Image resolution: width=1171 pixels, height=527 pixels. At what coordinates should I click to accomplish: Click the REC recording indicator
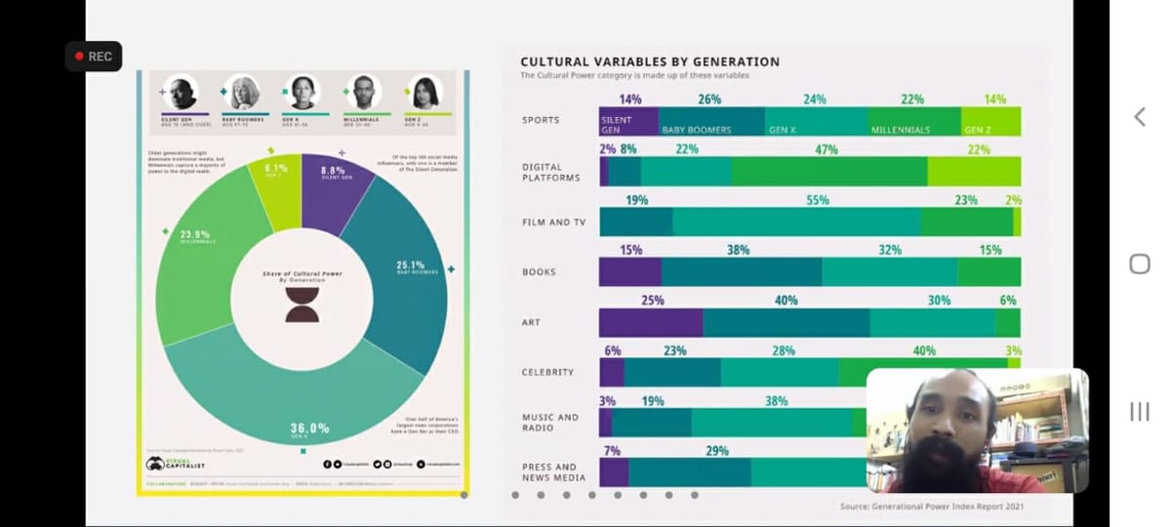tap(94, 57)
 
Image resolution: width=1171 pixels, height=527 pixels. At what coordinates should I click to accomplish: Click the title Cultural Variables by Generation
tap(650, 61)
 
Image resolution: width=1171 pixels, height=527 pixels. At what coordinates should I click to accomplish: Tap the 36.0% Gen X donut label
tap(309, 428)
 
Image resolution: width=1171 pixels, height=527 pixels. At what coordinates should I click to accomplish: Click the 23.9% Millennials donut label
tap(194, 235)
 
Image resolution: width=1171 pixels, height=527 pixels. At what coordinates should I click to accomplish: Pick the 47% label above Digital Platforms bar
tap(827, 149)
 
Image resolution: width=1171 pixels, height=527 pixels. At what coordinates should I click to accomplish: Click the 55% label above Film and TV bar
tap(818, 200)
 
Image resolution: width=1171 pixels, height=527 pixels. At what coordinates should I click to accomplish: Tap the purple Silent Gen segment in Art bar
tap(651, 323)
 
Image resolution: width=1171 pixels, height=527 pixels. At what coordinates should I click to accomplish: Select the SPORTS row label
tap(541, 120)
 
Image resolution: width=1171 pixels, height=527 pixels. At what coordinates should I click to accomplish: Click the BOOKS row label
tap(540, 271)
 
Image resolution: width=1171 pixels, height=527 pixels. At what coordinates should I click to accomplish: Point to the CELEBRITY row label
tap(547, 372)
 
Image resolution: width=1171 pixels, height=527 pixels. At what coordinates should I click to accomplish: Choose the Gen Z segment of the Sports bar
tap(990, 122)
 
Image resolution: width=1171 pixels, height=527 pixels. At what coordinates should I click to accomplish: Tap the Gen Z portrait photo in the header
tap(424, 93)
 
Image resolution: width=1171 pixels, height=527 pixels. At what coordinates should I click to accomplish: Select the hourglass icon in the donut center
tap(303, 304)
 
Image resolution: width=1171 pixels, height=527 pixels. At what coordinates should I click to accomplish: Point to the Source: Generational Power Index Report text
tap(932, 506)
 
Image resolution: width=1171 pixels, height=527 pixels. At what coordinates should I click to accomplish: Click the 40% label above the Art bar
tap(786, 301)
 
